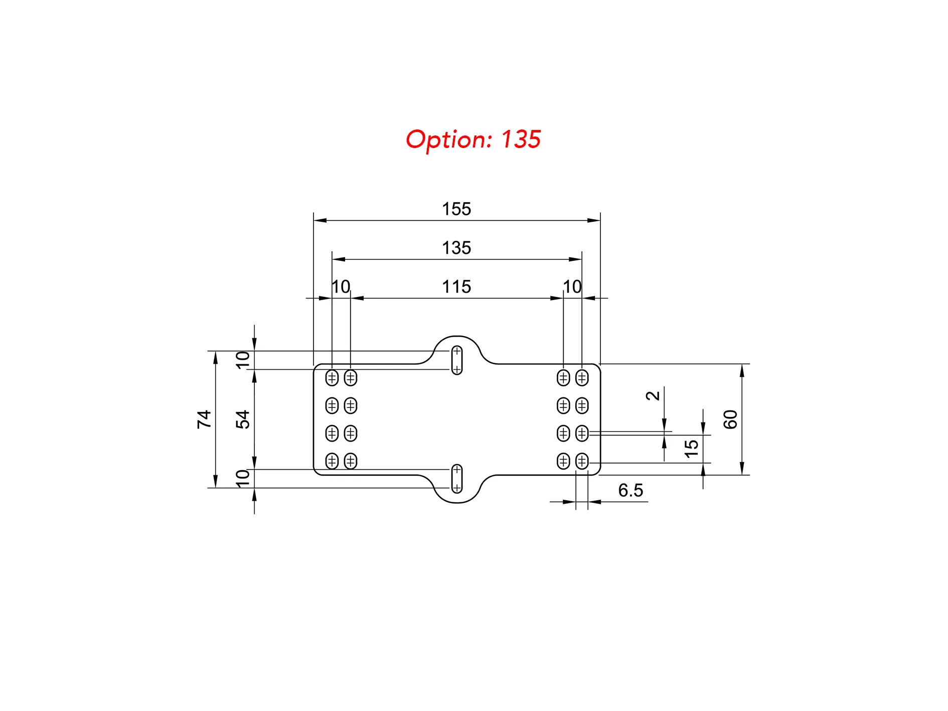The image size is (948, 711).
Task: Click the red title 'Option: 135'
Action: click(x=473, y=139)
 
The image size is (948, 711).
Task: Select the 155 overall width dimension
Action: click(x=456, y=209)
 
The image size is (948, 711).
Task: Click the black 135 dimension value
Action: click(x=456, y=248)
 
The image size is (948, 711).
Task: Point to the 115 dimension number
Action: click(x=456, y=287)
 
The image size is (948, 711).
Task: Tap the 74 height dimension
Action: click(x=204, y=419)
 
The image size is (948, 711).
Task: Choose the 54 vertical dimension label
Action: click(x=243, y=419)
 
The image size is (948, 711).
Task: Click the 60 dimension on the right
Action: click(x=730, y=419)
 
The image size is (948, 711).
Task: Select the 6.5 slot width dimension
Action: click(x=630, y=490)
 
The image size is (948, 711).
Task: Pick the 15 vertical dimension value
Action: click(x=691, y=449)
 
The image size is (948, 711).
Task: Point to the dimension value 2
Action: click(x=653, y=396)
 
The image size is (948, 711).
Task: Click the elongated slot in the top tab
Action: click(x=457, y=360)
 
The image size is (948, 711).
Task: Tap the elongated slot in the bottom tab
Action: click(x=457, y=479)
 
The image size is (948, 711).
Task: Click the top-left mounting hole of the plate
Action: click(x=332, y=378)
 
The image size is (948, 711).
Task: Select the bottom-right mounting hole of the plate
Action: click(x=582, y=461)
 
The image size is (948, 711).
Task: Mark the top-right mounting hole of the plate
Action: click(x=582, y=378)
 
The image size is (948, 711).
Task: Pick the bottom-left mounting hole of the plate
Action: click(x=332, y=461)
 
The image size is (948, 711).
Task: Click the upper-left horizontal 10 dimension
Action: click(x=341, y=287)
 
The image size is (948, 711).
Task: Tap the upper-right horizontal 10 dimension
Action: click(x=572, y=287)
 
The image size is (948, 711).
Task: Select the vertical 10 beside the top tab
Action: click(x=243, y=360)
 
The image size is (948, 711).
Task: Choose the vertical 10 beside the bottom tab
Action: click(x=243, y=478)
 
